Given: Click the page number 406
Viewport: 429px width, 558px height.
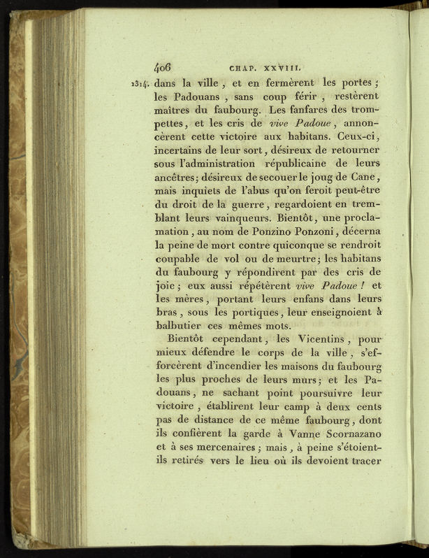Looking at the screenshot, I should (162, 69).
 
